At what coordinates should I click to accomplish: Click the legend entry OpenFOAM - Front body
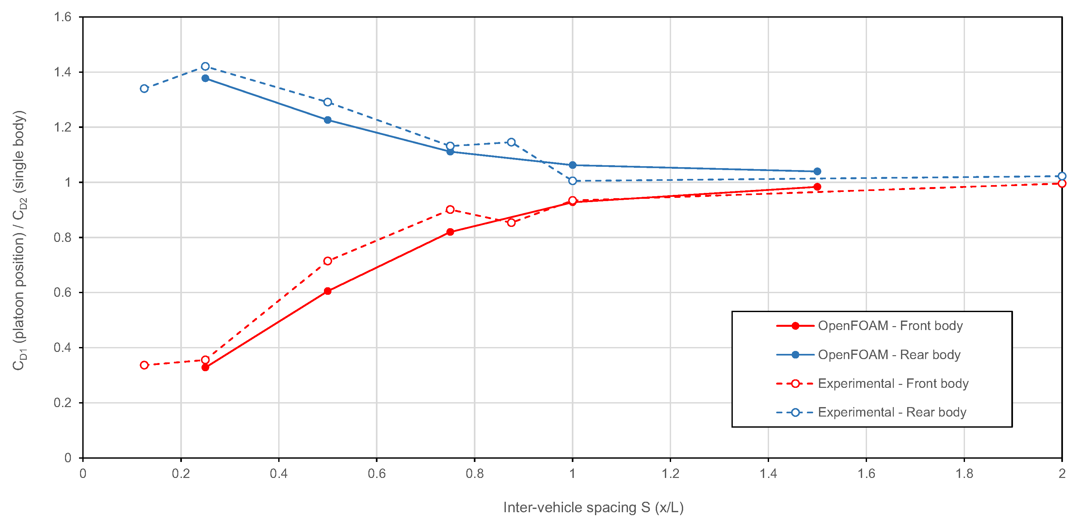pos(890,326)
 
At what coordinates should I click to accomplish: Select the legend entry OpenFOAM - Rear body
pos(889,355)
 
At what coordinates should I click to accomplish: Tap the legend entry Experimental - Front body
pos(892,383)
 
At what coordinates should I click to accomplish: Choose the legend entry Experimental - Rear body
pos(892,412)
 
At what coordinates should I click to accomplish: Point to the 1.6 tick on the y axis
pos(63,17)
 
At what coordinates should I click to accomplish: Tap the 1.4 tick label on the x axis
pos(768,474)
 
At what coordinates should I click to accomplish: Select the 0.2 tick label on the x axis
pos(181,474)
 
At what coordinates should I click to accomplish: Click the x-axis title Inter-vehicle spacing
pos(593,507)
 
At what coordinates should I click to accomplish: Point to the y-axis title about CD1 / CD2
pos(19,240)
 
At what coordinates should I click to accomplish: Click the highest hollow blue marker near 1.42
pos(205,66)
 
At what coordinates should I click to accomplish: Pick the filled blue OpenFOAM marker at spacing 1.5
pos(817,171)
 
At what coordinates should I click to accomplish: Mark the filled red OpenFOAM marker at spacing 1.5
pos(817,187)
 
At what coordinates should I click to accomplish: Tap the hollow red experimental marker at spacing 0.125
pos(144,365)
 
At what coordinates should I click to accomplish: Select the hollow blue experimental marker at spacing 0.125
pos(144,88)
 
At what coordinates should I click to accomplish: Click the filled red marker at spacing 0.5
pos(328,291)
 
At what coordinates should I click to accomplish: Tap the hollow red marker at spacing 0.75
pos(450,209)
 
